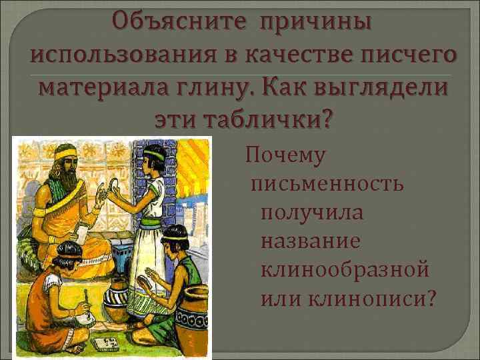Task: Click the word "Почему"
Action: tap(285, 156)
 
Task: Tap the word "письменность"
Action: tap(327, 183)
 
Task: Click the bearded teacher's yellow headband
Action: tap(66, 155)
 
